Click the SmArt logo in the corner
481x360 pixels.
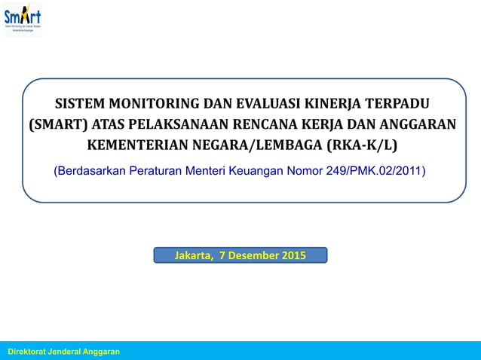(23, 19)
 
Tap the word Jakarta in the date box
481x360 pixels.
(194, 255)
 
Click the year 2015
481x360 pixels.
(293, 255)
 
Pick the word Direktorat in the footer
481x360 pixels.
(29, 352)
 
